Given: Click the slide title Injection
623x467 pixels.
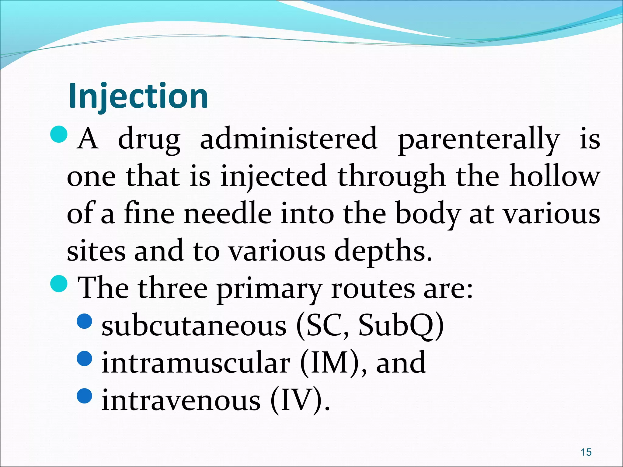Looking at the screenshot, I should click(x=138, y=96).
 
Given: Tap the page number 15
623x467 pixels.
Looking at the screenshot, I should click(x=586, y=452).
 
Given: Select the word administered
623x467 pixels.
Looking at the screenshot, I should click(x=289, y=139).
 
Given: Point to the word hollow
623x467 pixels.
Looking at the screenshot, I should click(x=555, y=176).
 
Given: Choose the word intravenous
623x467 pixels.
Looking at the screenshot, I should click(x=181, y=400).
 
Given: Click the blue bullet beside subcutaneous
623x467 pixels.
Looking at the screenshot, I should click(x=85, y=321).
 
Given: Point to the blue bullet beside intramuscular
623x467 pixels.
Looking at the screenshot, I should click(x=85, y=358).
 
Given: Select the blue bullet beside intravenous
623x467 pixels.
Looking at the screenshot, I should click(x=85, y=396).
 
